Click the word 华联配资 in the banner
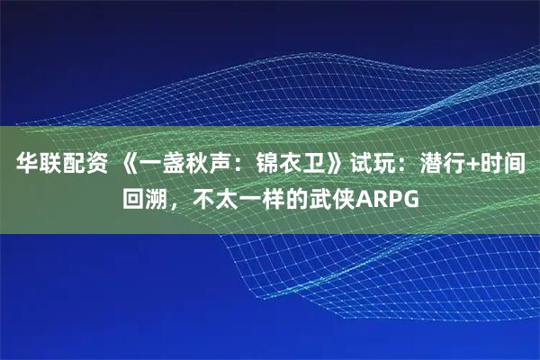click(55, 166)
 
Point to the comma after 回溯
click(174, 202)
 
